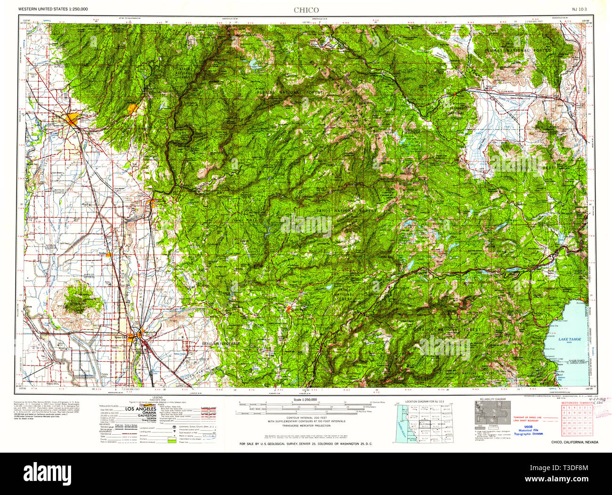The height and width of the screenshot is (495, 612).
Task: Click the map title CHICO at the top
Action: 306,10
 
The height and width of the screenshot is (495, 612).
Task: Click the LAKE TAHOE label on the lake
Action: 570,339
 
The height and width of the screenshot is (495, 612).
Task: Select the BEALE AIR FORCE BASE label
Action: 221,344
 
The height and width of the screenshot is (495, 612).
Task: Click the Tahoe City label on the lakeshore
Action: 552,326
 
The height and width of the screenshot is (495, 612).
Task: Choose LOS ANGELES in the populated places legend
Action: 143,409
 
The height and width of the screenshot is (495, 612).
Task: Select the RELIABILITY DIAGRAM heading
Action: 493,399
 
